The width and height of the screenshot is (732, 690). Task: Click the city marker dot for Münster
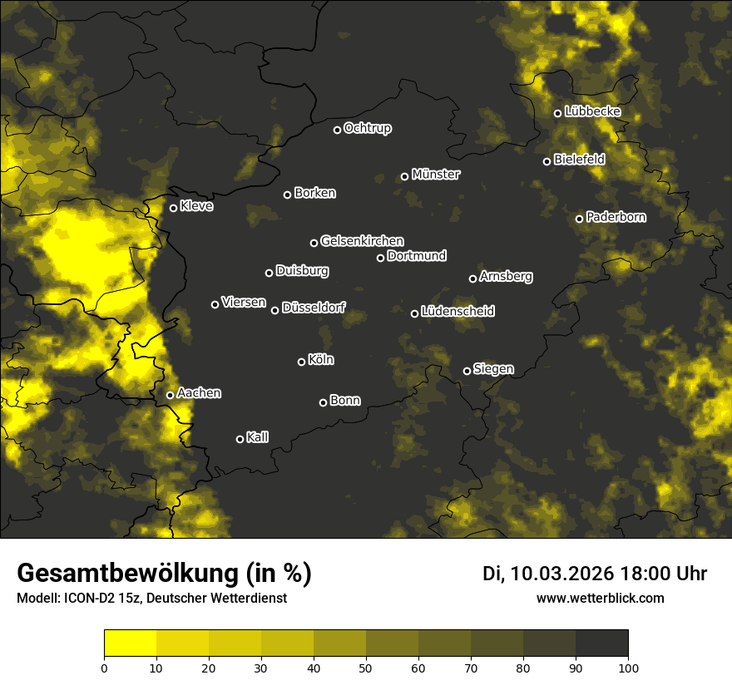pos(405,176)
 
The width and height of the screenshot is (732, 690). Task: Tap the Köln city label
pos(321,360)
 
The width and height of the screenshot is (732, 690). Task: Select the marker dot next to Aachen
pos(171,395)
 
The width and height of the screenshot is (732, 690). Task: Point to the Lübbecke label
pos(592,111)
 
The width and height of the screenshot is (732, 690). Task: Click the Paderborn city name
pos(616,217)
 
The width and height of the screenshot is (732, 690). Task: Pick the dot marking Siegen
pos(467,371)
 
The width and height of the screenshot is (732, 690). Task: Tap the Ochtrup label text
pos(367,128)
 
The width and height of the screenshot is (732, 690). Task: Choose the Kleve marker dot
pos(174,208)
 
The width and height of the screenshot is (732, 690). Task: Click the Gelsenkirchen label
pos(362,241)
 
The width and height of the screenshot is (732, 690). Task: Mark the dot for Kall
pos(240,439)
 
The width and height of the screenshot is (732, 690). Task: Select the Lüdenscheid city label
pos(457,312)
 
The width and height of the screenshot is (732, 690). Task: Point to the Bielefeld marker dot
pos(547,161)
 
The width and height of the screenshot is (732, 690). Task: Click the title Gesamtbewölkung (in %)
pos(164,574)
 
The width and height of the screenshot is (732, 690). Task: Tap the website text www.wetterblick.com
pos(601,598)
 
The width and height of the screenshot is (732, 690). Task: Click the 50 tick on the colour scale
pos(366,667)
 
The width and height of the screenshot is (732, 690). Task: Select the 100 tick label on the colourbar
pos(628,667)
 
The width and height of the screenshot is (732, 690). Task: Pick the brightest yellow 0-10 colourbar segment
pos(131,643)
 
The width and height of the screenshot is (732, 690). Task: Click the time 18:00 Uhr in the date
pos(663,574)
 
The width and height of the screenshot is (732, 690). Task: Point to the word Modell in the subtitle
pos(37,599)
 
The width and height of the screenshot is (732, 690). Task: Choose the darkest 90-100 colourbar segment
pos(601,643)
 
